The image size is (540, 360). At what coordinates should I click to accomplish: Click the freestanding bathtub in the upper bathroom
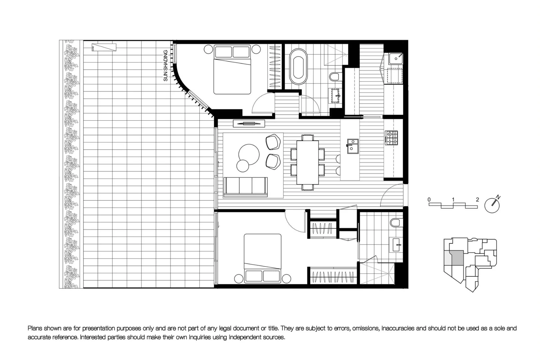pyautogui.click(x=298, y=66)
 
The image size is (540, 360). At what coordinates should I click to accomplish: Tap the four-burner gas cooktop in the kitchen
pyautogui.click(x=391, y=138)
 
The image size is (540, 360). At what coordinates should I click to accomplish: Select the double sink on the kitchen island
pyautogui.click(x=353, y=146)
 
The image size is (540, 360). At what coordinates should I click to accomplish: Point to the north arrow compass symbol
pyautogui.click(x=492, y=205)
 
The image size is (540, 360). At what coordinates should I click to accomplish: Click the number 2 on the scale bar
pyautogui.click(x=477, y=200)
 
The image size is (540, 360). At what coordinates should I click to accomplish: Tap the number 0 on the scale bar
pyautogui.click(x=429, y=200)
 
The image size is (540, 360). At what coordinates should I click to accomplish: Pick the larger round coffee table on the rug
pyautogui.click(x=249, y=154)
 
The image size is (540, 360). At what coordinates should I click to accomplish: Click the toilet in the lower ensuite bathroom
pyautogui.click(x=396, y=223)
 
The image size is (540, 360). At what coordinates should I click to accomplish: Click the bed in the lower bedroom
pyautogui.click(x=263, y=258)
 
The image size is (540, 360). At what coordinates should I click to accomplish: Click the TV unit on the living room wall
pyautogui.click(x=249, y=124)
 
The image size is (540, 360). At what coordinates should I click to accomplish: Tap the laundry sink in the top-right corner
pyautogui.click(x=396, y=59)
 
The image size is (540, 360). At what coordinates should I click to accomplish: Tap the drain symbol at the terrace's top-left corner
pyautogui.click(x=104, y=47)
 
